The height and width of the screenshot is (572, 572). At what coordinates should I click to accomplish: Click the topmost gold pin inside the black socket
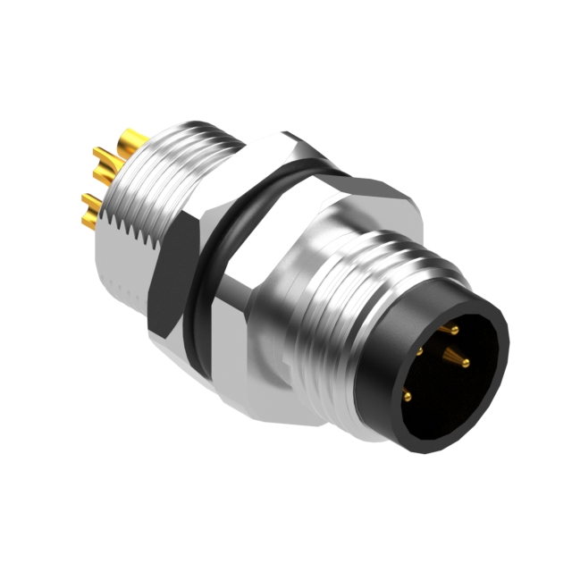pos(453,330)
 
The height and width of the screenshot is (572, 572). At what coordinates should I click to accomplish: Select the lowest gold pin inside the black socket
pos(408,394)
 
